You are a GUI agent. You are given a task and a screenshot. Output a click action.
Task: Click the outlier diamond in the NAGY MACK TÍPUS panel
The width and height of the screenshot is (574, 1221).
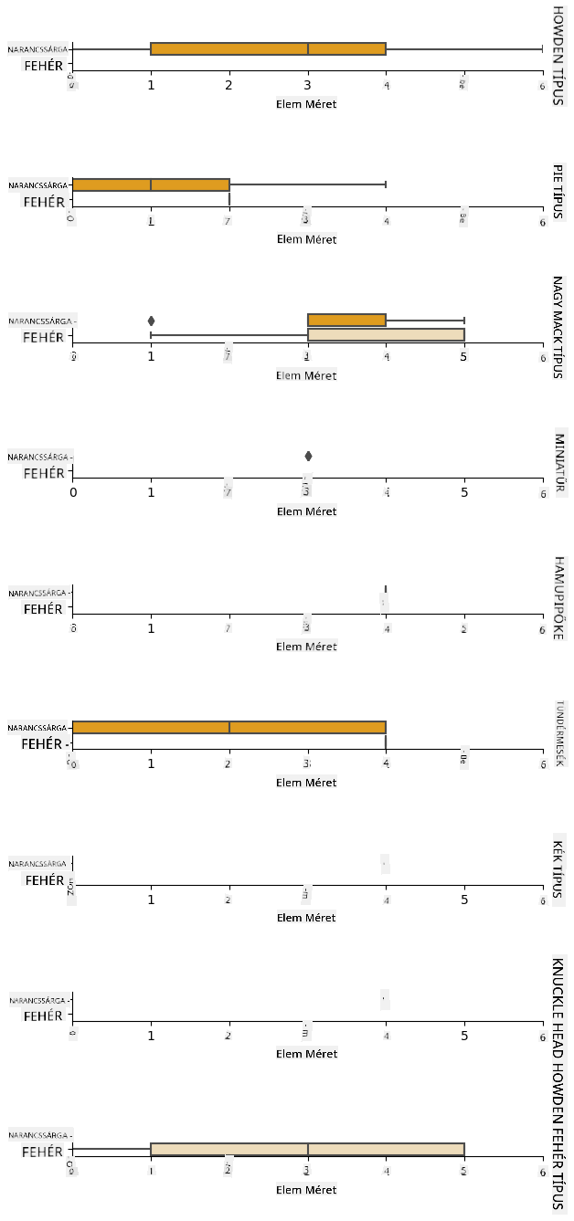click(x=151, y=321)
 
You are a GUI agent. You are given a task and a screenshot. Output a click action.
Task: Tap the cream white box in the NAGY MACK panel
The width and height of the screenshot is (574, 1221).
click(x=386, y=335)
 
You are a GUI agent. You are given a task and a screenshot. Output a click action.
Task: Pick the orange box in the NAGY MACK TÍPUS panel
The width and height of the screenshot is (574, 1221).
click(x=346, y=321)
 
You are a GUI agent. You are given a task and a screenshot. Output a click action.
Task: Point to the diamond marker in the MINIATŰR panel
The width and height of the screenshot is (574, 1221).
click(x=308, y=456)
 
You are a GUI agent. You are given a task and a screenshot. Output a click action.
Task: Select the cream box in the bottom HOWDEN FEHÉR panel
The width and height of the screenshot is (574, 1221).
click(x=307, y=1149)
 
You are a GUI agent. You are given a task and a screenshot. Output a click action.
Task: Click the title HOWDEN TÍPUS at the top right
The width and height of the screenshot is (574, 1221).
click(x=558, y=55)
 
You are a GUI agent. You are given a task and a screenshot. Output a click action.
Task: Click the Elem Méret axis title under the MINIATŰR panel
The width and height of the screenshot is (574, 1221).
click(x=307, y=511)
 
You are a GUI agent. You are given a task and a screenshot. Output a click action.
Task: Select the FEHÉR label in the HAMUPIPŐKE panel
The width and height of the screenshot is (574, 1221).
click(x=44, y=609)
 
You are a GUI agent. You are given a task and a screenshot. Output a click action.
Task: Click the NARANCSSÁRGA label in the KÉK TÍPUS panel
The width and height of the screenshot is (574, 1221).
click(x=38, y=864)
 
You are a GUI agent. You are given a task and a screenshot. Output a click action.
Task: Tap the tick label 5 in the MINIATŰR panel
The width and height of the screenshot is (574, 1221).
click(x=464, y=492)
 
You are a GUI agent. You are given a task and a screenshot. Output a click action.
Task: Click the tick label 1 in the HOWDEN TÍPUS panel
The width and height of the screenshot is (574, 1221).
click(x=151, y=85)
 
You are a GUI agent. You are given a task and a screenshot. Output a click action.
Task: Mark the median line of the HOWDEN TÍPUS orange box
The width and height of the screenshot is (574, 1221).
click(x=308, y=49)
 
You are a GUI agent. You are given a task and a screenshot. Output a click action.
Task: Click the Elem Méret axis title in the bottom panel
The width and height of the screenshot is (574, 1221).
click(x=307, y=1190)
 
